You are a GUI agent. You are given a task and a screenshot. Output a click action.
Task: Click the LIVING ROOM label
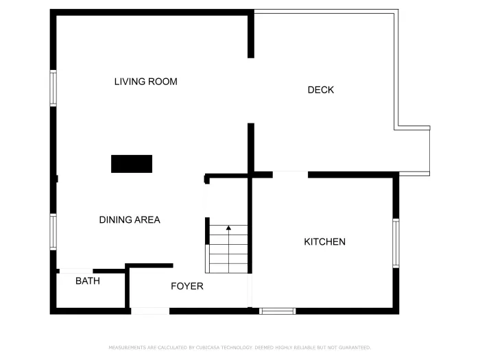[145, 82]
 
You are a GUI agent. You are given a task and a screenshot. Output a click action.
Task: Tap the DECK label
[320, 90]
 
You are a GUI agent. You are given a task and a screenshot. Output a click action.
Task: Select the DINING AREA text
[130, 220]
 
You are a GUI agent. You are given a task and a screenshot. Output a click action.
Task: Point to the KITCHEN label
[324, 242]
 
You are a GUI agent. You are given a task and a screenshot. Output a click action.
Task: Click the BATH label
[88, 281]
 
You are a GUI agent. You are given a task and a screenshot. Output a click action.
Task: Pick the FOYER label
[187, 286]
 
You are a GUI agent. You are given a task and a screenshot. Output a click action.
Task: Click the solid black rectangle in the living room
[132, 164]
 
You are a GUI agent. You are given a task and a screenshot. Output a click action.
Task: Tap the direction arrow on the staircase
[228, 228]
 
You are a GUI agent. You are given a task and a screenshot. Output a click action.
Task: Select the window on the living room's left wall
[53, 88]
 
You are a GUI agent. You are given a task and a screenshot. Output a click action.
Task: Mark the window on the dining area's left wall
[53, 231]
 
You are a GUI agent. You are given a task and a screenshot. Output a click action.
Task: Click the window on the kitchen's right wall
[396, 243]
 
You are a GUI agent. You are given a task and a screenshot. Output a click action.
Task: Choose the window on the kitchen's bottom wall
[278, 311]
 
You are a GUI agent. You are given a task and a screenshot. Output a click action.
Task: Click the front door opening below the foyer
[150, 311]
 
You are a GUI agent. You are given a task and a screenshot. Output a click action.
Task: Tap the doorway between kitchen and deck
[290, 174]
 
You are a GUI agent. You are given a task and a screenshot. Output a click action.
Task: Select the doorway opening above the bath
[76, 271]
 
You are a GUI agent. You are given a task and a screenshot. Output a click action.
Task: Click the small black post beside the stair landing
[206, 180]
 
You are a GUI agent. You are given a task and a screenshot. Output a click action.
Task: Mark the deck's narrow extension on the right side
[413, 150]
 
